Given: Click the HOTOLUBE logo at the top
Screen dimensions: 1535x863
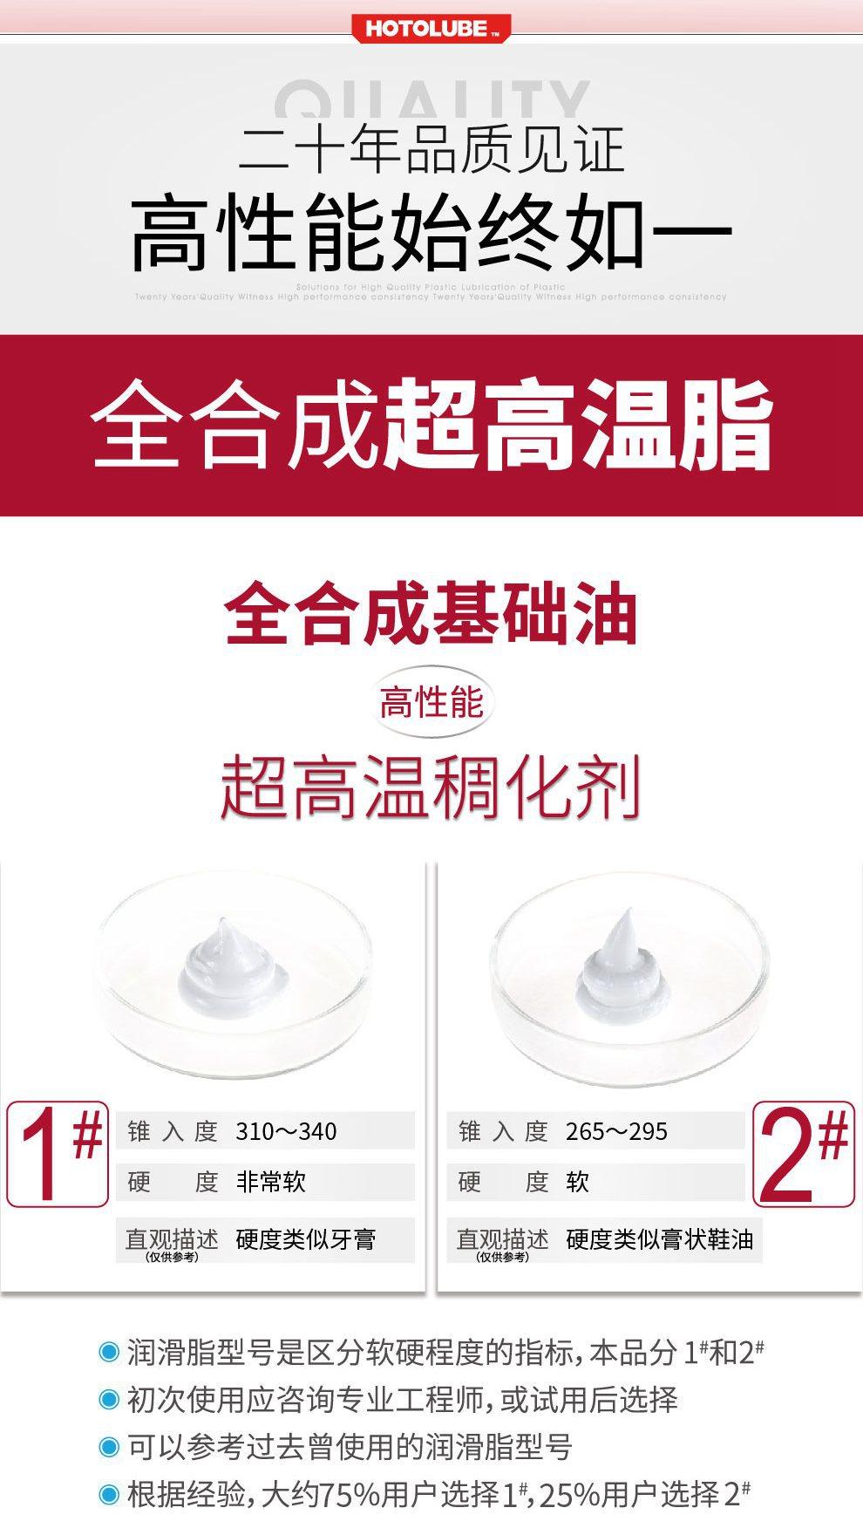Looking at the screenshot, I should click(x=431, y=29).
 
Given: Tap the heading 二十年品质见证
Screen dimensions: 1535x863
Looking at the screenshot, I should click(x=431, y=150).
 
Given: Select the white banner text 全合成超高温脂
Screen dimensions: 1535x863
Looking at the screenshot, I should click(x=431, y=425).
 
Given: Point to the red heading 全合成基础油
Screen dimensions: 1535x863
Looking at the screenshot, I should click(x=431, y=615).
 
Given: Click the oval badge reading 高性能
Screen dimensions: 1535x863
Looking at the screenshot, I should click(x=431, y=702).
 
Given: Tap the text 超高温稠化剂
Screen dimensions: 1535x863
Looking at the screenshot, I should click(x=431, y=788).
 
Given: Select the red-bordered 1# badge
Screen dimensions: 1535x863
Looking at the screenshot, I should click(x=58, y=1154).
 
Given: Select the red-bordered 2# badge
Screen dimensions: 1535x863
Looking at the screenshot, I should click(x=803, y=1154).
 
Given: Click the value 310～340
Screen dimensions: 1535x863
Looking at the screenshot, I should click(x=286, y=1131).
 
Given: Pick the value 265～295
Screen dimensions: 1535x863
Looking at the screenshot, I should click(x=616, y=1131).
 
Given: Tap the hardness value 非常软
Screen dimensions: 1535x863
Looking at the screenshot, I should click(x=271, y=1182).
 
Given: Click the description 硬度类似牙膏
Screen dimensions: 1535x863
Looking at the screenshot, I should click(x=306, y=1239).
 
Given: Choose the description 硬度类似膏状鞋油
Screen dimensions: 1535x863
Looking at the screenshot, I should click(x=659, y=1239).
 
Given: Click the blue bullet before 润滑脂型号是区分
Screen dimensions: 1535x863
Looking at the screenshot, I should click(x=109, y=1353).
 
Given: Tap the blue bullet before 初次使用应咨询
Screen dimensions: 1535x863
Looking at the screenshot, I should click(x=109, y=1400).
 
